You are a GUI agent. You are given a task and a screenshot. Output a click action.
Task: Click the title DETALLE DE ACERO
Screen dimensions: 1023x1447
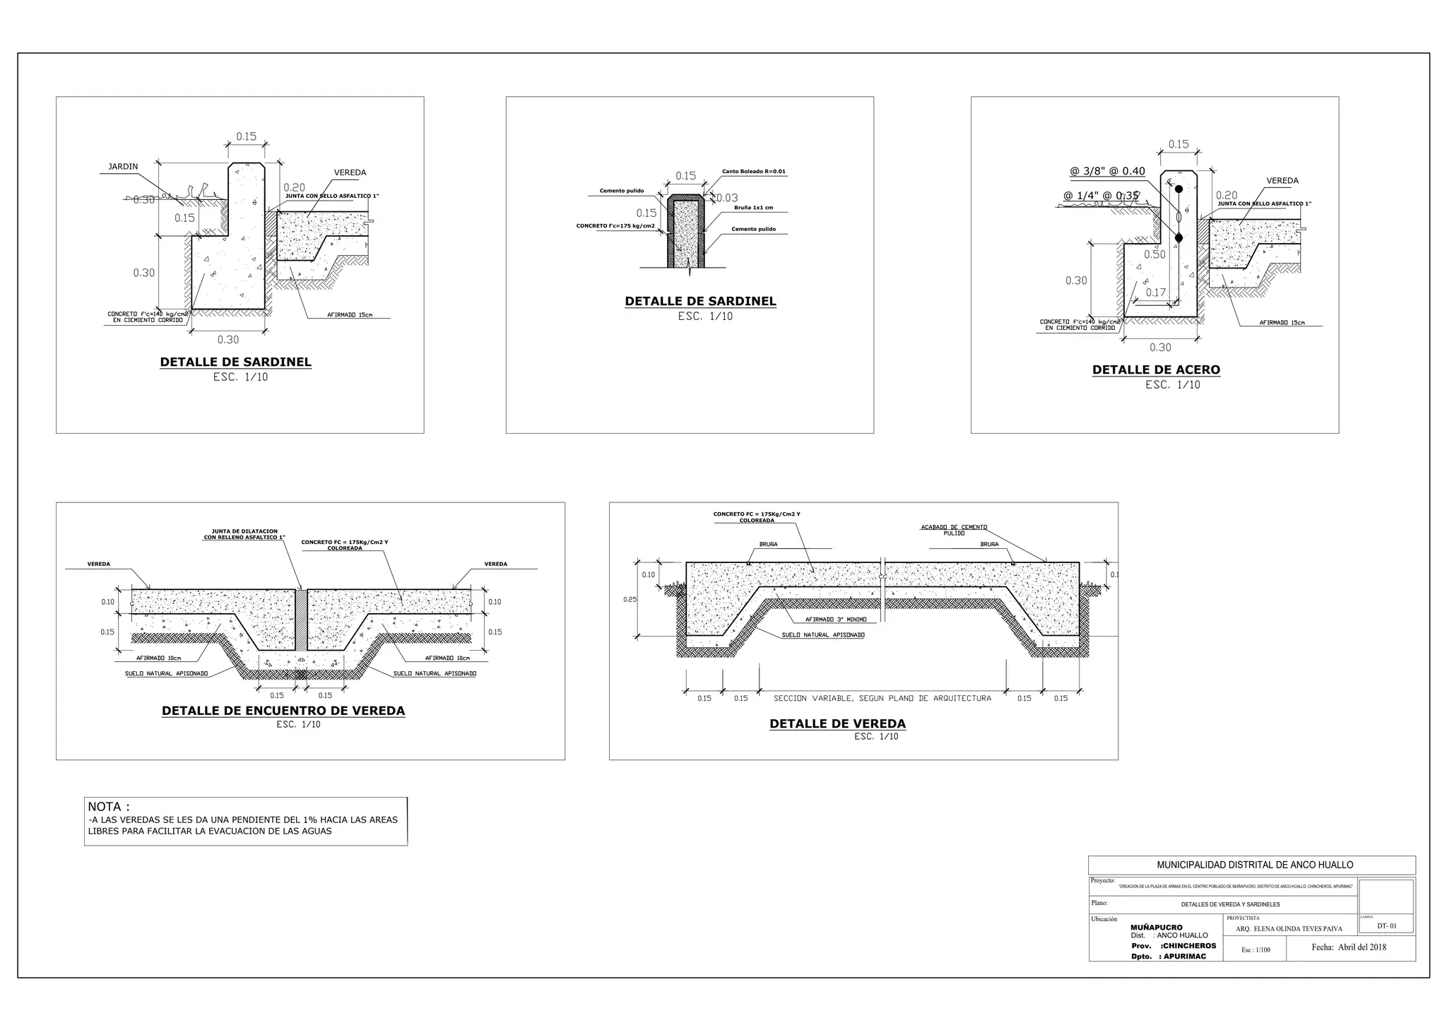tap(1156, 369)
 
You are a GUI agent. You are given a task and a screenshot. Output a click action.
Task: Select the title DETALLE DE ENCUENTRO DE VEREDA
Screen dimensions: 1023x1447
tap(283, 711)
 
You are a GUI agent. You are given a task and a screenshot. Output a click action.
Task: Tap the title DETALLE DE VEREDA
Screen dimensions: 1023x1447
tap(837, 723)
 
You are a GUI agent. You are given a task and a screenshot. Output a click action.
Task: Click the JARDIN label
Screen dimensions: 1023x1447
tap(123, 167)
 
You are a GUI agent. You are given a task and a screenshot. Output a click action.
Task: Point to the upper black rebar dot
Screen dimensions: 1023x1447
tap(1179, 189)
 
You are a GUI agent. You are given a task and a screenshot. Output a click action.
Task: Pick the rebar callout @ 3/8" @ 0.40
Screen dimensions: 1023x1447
tap(1107, 171)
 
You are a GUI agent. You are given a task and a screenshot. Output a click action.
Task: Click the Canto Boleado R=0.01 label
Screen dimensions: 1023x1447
tap(753, 172)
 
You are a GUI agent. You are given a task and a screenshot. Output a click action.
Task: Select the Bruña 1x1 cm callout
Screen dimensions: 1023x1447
tap(753, 208)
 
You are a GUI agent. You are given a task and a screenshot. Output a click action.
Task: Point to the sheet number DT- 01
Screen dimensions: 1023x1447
tap(1387, 926)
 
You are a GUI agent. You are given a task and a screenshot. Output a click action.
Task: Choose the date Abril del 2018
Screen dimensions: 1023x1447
tap(1349, 947)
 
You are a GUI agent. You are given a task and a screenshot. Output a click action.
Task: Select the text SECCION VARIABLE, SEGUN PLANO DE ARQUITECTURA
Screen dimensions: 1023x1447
tap(882, 698)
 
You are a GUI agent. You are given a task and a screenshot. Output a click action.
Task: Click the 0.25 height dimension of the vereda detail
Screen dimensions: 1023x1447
tap(630, 600)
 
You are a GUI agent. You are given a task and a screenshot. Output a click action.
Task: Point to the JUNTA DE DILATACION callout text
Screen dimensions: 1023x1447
tap(244, 534)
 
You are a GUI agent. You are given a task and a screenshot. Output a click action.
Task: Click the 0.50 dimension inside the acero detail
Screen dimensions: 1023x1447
tap(1154, 254)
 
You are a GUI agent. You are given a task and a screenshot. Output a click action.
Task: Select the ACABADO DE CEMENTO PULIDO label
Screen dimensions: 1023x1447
tap(953, 530)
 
